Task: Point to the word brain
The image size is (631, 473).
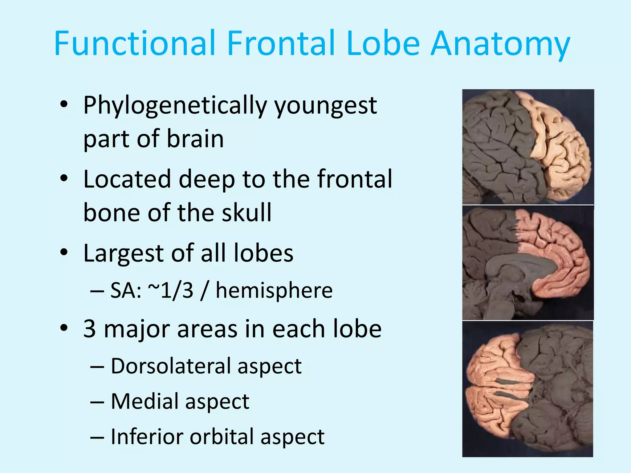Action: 195,139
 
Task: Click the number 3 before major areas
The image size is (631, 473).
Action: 90,329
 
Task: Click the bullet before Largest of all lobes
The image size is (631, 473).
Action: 64,253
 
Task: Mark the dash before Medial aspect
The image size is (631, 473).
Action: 97,402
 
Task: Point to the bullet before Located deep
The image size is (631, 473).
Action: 64,179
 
